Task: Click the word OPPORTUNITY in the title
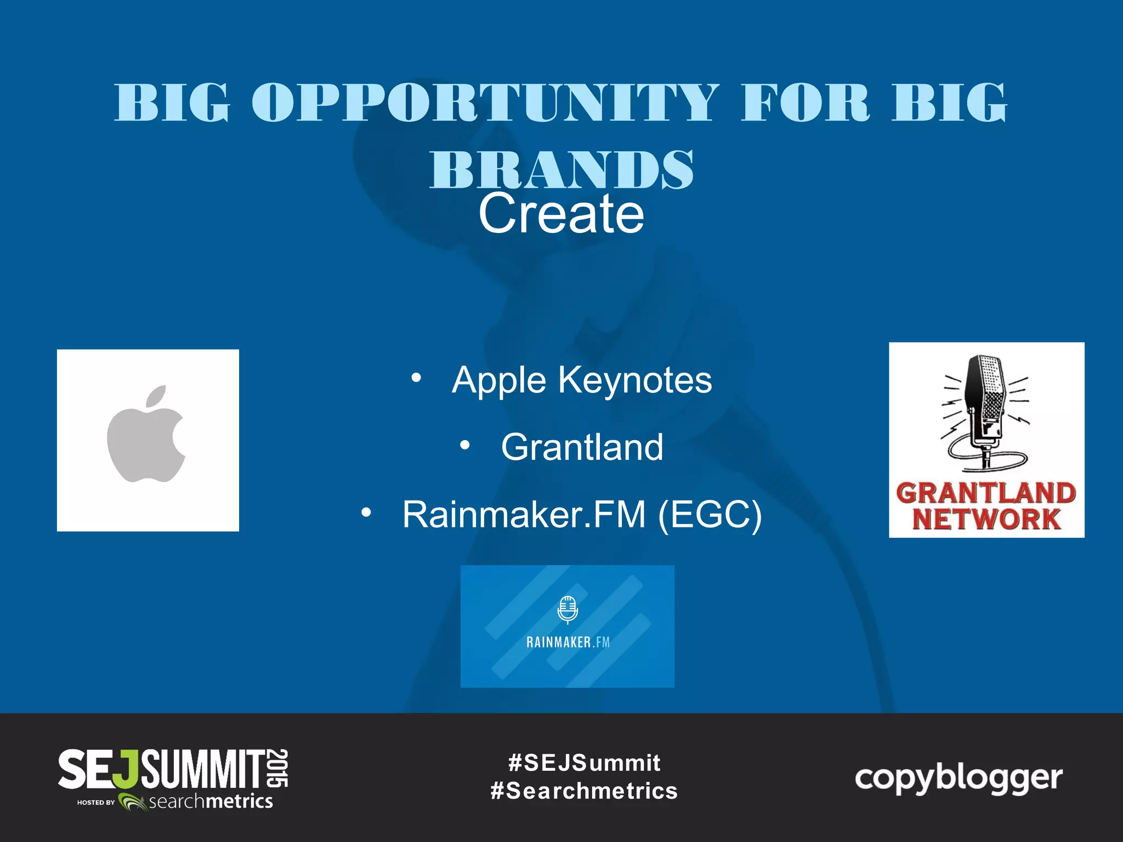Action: coord(485,103)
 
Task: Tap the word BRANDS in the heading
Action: coord(561,169)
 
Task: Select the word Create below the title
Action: coord(561,214)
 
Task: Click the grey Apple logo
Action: coord(146,439)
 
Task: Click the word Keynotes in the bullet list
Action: coord(635,380)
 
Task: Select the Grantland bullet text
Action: coord(582,447)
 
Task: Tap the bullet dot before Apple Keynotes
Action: coord(416,378)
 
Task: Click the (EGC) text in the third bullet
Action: coord(710,514)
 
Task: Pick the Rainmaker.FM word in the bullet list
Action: coord(524,514)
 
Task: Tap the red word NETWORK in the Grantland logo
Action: coord(986,519)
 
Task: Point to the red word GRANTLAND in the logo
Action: coord(986,492)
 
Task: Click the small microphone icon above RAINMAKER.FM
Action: coord(568,610)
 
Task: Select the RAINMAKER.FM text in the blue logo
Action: coord(568,642)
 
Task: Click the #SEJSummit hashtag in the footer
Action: coord(584,763)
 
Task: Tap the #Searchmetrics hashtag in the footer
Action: coord(584,791)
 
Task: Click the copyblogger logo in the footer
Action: coord(958,778)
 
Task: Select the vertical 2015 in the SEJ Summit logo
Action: coord(279,768)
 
